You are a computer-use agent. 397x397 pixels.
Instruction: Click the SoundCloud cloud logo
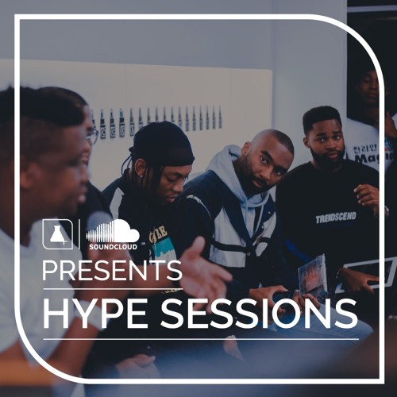(112, 231)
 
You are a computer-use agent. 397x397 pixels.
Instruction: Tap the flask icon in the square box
(57, 233)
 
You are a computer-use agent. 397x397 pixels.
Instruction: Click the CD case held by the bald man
(312, 277)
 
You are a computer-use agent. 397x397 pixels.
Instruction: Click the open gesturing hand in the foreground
(200, 270)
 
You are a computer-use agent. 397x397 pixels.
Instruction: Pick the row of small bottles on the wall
(156, 120)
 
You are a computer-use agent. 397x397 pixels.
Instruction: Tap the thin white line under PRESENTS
(111, 289)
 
